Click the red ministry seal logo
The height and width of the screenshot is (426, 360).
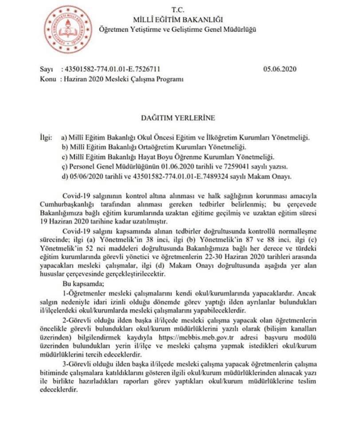[68, 30]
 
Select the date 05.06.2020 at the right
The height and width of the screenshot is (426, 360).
[279, 69]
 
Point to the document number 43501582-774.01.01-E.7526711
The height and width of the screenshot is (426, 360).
[112, 69]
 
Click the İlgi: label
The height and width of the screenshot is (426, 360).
[46, 138]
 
